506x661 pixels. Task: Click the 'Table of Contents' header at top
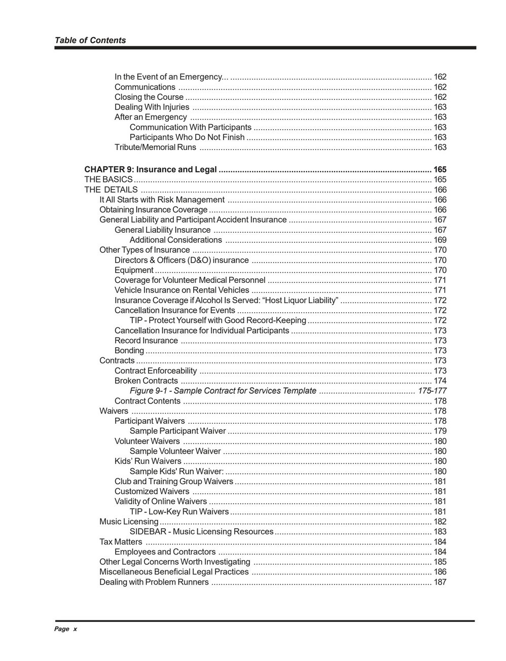(90, 41)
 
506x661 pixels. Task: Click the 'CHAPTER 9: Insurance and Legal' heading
(151, 170)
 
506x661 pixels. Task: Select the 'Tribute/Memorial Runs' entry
(155, 148)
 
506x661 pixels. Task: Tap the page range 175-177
(432, 391)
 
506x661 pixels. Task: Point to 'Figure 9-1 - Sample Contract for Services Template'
(223, 391)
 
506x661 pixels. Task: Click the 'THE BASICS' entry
(109, 180)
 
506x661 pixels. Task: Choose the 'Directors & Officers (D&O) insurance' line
(182, 260)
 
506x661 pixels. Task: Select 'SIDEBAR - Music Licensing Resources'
(201, 532)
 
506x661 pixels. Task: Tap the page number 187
(440, 582)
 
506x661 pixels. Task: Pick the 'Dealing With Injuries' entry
(152, 107)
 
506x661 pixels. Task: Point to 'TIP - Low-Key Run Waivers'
(179, 511)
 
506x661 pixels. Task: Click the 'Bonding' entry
(129, 351)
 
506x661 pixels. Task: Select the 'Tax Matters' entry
(121, 542)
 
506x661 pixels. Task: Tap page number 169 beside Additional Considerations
(440, 240)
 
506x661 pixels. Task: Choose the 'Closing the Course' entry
(149, 97)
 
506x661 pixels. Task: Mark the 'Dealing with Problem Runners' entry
(154, 582)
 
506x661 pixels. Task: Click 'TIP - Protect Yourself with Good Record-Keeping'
(218, 320)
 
